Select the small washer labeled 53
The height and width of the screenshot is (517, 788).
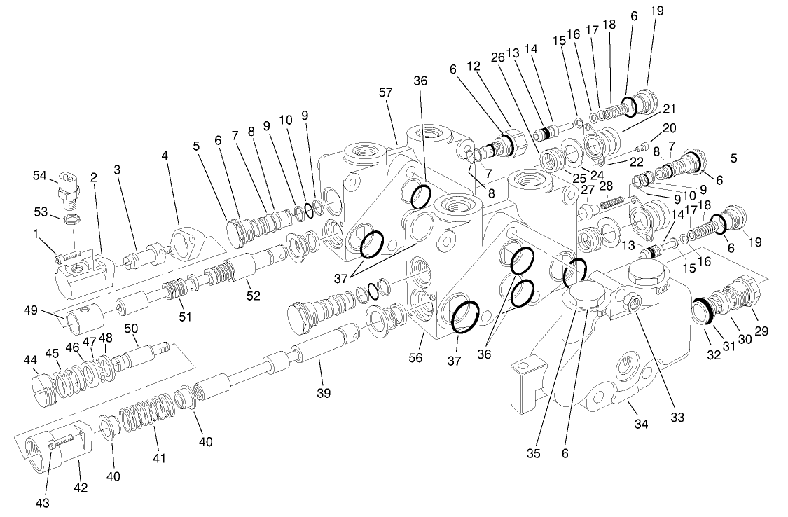click(x=70, y=221)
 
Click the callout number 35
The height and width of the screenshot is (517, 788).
click(x=534, y=453)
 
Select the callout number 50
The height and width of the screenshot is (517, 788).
click(x=131, y=329)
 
